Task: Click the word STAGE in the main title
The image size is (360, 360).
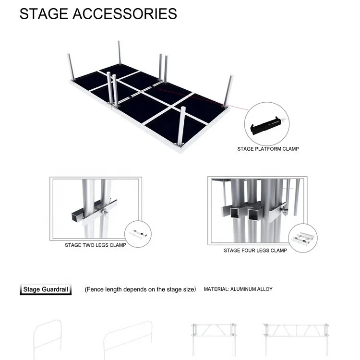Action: (x=44, y=13)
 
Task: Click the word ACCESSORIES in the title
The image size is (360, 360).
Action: (x=125, y=13)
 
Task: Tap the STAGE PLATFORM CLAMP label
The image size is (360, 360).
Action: (x=268, y=149)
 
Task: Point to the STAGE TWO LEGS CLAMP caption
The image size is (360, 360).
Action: (x=96, y=245)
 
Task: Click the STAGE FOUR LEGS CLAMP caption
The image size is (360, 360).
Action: (x=255, y=251)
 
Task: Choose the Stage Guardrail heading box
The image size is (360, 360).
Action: (x=46, y=289)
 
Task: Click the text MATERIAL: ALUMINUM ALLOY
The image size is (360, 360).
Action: (x=238, y=289)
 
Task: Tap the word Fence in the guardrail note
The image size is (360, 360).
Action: (x=95, y=289)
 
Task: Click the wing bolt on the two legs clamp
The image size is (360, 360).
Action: (x=105, y=212)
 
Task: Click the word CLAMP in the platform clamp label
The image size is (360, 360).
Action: (x=290, y=149)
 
